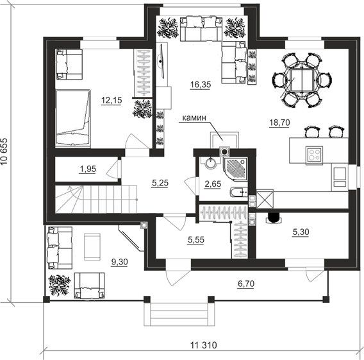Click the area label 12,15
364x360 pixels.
pos(112,100)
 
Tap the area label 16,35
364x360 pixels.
pos(201,85)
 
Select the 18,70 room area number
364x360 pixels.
pos(279,123)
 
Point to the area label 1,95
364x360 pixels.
pos(88,169)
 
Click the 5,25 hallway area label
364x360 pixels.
pos(160,183)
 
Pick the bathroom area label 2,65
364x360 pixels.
pos(213,184)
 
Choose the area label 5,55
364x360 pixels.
pos(196,239)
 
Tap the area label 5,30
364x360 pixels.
pos(301,232)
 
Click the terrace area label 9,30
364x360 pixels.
pos(120,262)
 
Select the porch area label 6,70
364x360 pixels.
pos(246,284)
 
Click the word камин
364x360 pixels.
pos(194,118)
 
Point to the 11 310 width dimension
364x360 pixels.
pos(204,345)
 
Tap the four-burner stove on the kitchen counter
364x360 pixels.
pos(314,155)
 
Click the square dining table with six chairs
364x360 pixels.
pos(302,80)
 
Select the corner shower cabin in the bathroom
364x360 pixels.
pos(235,169)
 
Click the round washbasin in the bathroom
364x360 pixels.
pos(211,163)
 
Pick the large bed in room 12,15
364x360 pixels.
pos(73,118)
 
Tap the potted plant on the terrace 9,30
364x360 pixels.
pos(59,286)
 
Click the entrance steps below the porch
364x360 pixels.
pos(179,314)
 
